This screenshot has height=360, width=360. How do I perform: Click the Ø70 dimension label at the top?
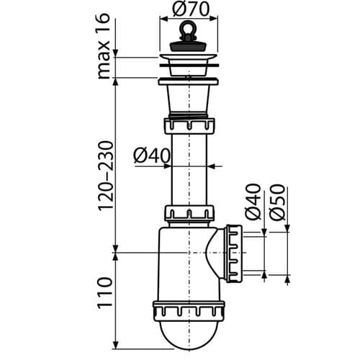[x=191, y=9]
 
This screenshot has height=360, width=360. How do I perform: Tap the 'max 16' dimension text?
[x=104, y=46]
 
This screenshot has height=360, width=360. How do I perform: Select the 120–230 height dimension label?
[x=105, y=176]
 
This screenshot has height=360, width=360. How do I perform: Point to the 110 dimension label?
[x=104, y=293]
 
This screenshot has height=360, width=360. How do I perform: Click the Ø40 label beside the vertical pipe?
[x=152, y=156]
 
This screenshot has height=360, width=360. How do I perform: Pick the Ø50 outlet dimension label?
[x=277, y=202]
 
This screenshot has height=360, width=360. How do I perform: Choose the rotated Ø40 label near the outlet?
[x=253, y=202]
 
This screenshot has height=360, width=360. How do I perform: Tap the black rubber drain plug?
[x=189, y=45]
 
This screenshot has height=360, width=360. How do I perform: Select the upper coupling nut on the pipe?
[x=189, y=126]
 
